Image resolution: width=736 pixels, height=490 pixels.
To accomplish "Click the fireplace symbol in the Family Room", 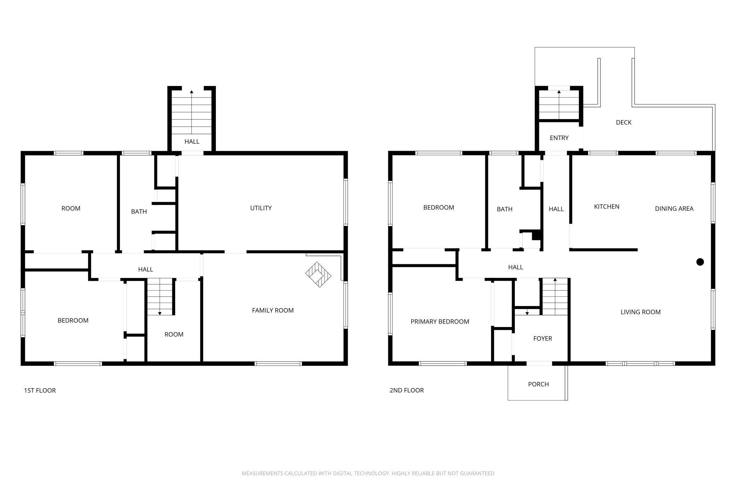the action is [x=318, y=274].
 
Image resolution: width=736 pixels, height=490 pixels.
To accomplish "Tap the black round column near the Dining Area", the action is [x=700, y=262].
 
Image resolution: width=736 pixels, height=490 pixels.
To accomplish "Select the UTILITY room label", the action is [x=261, y=208].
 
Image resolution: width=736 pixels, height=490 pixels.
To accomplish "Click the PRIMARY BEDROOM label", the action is [x=440, y=321].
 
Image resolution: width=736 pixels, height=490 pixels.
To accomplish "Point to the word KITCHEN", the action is [x=606, y=206].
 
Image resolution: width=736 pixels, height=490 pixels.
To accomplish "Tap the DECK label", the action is [x=623, y=122].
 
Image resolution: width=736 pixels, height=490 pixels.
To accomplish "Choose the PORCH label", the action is [x=538, y=384].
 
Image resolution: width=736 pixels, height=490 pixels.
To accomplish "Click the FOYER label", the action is [x=542, y=338].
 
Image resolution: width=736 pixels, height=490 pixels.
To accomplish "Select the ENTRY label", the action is [x=559, y=138].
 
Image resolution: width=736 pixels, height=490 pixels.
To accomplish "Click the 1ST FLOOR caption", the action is [x=40, y=390].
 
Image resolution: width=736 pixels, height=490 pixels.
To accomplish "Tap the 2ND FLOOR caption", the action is [x=407, y=390].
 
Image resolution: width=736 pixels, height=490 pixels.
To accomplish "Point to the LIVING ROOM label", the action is [x=640, y=312].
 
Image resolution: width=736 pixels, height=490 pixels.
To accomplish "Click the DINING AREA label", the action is [x=674, y=209].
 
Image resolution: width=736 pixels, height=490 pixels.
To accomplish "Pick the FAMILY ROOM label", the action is [x=272, y=310].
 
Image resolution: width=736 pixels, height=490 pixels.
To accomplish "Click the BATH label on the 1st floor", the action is [x=139, y=211].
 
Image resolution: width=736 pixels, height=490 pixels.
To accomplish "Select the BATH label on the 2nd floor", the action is [x=504, y=209].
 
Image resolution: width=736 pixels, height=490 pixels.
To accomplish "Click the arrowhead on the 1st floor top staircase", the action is [x=191, y=92].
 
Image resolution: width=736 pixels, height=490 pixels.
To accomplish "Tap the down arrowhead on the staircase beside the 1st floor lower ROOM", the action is [x=160, y=313].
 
